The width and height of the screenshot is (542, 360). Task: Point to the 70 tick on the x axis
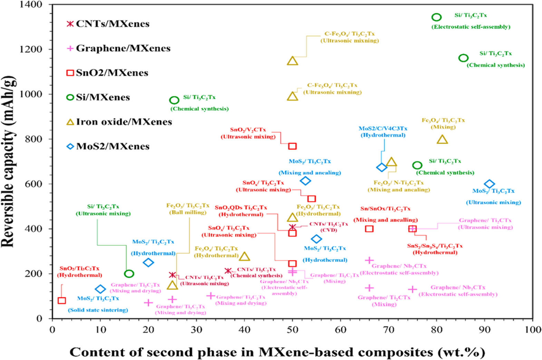pos(389,330)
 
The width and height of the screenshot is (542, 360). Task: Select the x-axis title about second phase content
pos(277,352)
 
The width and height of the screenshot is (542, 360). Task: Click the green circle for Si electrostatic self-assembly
pos(436,17)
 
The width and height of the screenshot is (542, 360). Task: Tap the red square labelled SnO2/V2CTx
pos(292,146)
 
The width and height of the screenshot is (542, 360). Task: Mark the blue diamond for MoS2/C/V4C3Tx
pos(381,167)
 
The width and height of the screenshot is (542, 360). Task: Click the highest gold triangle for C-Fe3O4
pos(292,61)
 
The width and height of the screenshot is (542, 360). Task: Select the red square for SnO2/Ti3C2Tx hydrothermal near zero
pos(62,300)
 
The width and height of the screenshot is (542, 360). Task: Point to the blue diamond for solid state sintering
pos(100,289)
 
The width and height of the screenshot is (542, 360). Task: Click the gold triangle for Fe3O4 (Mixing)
pos(442,139)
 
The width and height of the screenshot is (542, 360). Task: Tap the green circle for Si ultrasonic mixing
pos(129,274)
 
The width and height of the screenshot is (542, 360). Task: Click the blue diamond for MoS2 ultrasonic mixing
pos(489,184)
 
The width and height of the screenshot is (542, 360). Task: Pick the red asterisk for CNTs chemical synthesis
pos(228,271)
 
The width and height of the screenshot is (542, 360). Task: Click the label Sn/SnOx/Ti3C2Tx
pos(385,209)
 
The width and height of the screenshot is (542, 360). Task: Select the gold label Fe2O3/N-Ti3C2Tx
pos(398,183)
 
